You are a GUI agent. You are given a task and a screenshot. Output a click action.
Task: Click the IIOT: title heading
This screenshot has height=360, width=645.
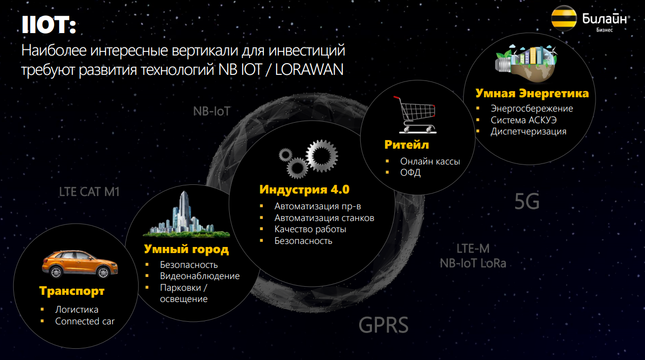(x=49, y=25)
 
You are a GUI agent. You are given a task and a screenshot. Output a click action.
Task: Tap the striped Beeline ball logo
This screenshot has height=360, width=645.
(x=564, y=18)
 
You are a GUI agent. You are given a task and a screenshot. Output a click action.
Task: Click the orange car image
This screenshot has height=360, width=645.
(x=80, y=264)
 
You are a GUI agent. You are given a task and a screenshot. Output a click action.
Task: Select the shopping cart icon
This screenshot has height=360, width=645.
(x=416, y=115)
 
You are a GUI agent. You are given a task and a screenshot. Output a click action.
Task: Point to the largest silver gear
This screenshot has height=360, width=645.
(x=322, y=156)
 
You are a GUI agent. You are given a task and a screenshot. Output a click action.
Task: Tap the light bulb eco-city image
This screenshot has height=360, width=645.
(x=526, y=63)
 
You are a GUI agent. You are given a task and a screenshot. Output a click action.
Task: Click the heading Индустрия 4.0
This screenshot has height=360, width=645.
(x=304, y=189)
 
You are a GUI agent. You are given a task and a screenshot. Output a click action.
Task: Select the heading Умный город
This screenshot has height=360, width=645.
(x=186, y=249)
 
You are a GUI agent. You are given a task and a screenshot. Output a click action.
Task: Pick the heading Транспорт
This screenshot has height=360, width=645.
(x=72, y=291)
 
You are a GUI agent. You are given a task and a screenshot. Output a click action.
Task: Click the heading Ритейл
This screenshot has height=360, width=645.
(x=407, y=145)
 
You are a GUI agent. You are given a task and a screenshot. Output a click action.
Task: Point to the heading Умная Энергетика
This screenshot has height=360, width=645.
(x=532, y=93)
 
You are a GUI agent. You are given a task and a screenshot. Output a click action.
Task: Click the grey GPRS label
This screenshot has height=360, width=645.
(x=383, y=325)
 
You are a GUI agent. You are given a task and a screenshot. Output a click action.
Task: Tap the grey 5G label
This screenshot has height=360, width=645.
(x=527, y=202)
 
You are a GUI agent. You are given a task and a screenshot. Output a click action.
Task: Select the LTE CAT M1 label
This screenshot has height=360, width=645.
(x=89, y=192)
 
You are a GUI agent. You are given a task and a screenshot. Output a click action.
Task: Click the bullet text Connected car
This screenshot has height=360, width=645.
(x=85, y=321)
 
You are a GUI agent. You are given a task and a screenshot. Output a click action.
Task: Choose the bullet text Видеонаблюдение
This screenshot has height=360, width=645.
(x=200, y=276)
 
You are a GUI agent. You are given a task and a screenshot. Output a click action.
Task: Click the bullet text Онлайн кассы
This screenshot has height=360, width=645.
(x=430, y=161)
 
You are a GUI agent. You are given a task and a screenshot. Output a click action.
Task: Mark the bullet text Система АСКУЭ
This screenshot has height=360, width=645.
(x=523, y=120)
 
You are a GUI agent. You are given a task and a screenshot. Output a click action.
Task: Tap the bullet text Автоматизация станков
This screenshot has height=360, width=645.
(x=324, y=218)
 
